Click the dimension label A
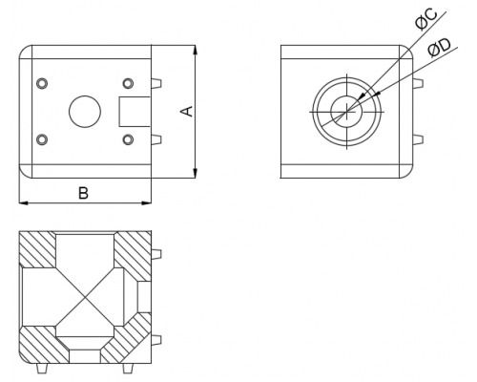(187, 111)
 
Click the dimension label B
(83, 193)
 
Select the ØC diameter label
(426, 20)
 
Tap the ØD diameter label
(439, 48)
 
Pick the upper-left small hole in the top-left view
(42, 83)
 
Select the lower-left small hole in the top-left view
(42, 139)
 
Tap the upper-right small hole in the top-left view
(128, 83)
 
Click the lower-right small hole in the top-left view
(128, 139)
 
